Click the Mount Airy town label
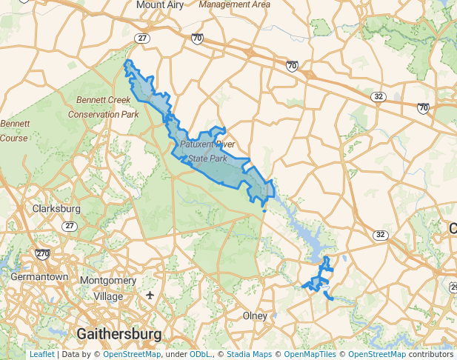(160, 4)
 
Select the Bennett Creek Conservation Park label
(104, 107)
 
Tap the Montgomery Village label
(107, 288)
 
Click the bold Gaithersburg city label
(119, 333)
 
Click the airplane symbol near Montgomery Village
(151, 295)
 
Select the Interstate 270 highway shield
(42, 253)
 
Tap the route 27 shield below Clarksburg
(69, 226)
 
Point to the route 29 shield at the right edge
(453, 287)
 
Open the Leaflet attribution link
(41, 354)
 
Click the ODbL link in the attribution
(200, 354)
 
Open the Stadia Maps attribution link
(249, 354)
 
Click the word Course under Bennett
(13, 138)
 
